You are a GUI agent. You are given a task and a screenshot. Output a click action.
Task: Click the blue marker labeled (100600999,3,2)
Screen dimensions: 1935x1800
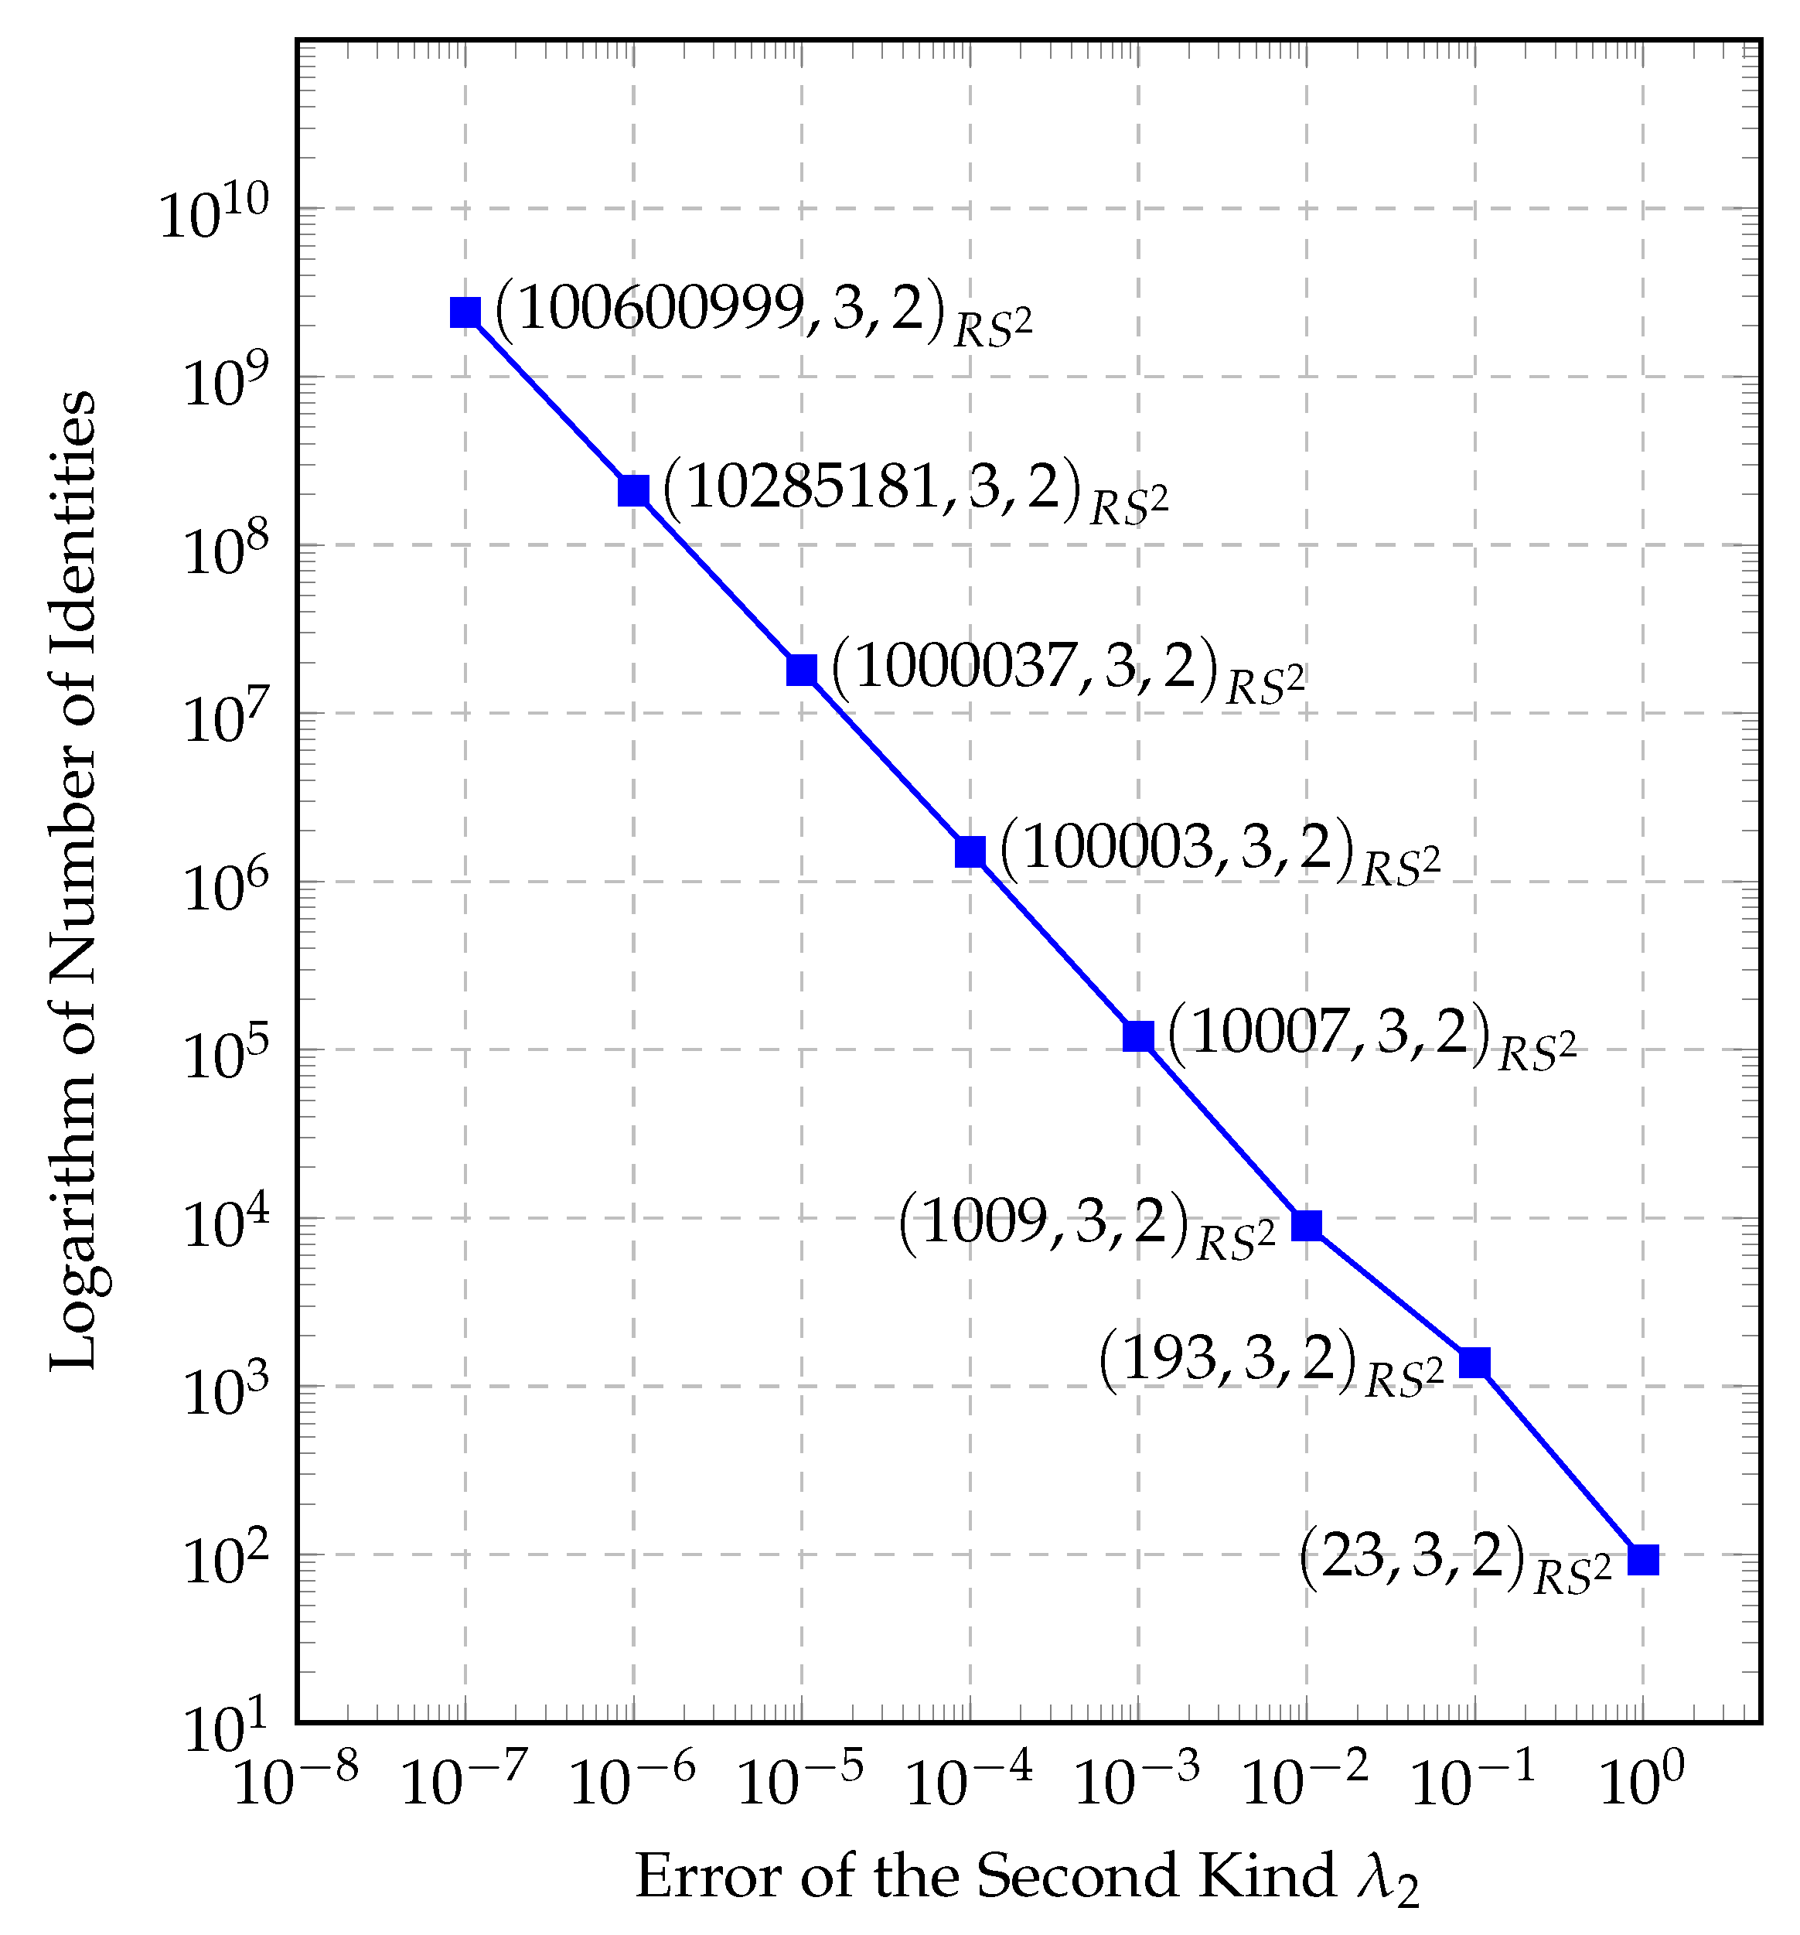tap(465, 312)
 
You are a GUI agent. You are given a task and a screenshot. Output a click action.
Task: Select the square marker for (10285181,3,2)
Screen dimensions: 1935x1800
tap(633, 490)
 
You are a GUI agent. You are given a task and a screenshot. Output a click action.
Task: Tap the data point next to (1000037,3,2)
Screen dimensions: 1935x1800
tap(802, 670)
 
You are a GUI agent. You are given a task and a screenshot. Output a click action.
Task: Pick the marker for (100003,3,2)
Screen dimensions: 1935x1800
tap(970, 851)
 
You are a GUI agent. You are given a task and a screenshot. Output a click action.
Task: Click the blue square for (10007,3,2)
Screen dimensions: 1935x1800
tap(1138, 1036)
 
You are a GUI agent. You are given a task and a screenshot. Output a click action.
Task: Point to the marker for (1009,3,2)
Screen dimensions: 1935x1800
tap(1307, 1226)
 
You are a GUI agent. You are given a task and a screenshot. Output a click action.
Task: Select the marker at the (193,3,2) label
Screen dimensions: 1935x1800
tap(1475, 1363)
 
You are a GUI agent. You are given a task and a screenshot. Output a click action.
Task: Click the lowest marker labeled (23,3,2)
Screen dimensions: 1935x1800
tap(1643, 1559)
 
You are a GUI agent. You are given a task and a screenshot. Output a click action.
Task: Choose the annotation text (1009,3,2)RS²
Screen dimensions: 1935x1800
tap(1086, 1227)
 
